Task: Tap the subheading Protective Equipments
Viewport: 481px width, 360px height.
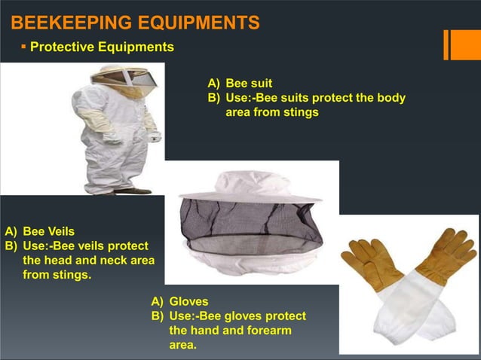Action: tap(102, 47)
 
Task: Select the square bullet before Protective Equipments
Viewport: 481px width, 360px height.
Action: tap(23, 47)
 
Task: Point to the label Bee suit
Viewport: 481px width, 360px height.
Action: tap(249, 83)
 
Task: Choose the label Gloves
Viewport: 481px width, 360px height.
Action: tap(188, 301)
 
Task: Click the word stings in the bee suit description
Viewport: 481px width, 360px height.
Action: tap(302, 112)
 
